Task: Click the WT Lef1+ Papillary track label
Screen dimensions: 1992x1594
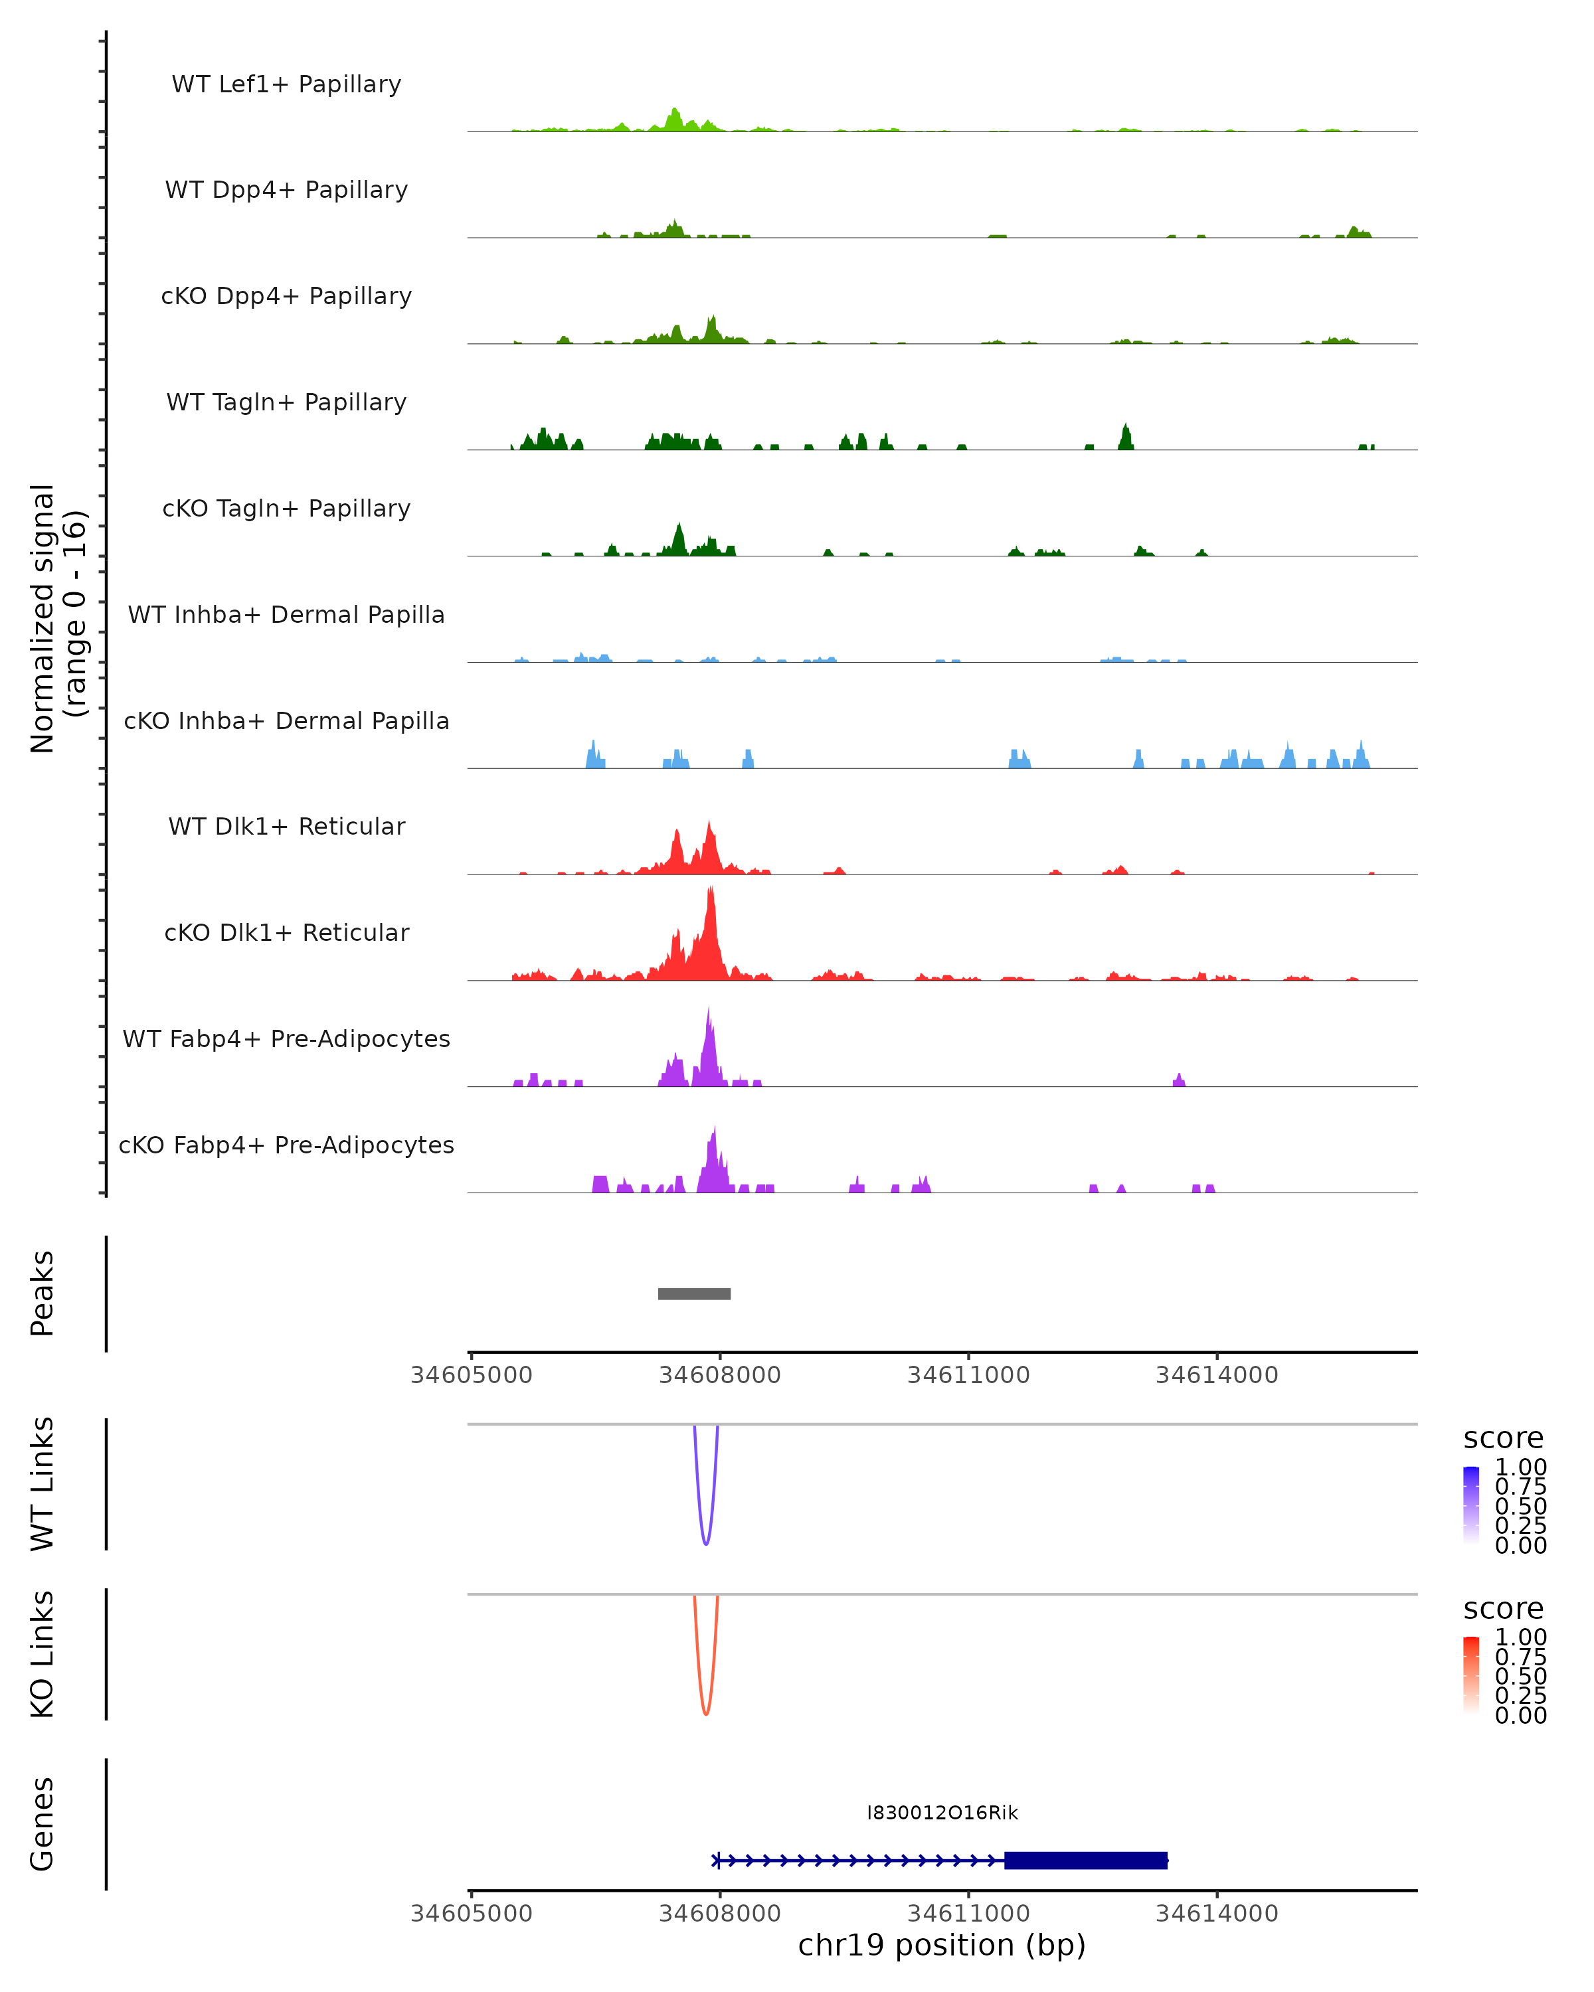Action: point(286,84)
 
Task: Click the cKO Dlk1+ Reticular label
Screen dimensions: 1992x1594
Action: point(286,932)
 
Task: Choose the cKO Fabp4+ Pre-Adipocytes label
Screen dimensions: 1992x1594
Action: point(286,1145)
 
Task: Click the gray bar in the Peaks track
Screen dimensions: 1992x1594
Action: point(694,1293)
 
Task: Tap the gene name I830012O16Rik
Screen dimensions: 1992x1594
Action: point(942,1813)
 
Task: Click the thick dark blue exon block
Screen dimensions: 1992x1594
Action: point(1086,1860)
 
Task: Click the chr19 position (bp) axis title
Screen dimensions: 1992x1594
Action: point(942,1945)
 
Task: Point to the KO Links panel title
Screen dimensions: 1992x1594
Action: point(43,1654)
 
